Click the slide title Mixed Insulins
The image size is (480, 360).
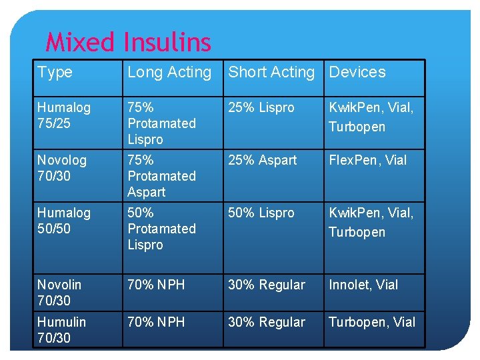tap(128, 43)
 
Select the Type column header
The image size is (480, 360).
tap(55, 72)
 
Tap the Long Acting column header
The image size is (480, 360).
tap(169, 72)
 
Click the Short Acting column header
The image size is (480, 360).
tap(271, 72)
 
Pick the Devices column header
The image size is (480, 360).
tap(357, 72)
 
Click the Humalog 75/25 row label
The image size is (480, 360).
tap(64, 115)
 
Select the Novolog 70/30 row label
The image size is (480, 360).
tap(62, 168)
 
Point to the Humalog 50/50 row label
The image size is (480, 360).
tap(64, 221)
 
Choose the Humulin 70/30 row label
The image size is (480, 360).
tap(61, 330)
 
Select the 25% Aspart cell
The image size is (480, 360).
tap(263, 161)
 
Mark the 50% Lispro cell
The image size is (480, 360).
tap(261, 213)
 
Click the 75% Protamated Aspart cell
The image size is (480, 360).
tap(161, 176)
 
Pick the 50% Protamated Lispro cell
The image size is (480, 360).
tap(161, 229)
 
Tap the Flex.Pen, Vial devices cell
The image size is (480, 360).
tap(367, 161)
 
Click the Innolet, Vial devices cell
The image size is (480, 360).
tap(363, 285)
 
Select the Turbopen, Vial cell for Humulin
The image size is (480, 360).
tap(372, 323)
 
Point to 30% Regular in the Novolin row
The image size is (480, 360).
tap(267, 285)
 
